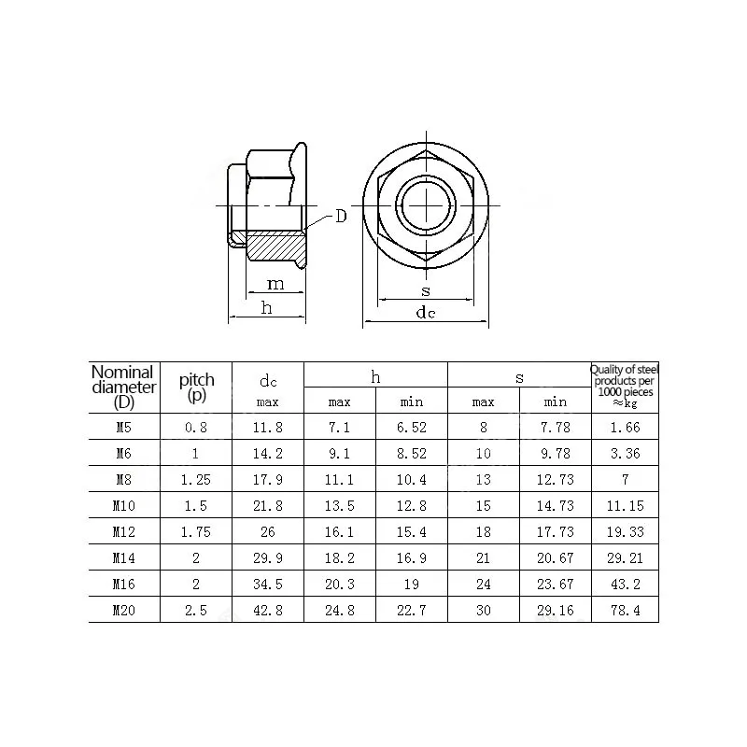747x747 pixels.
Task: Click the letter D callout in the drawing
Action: (341, 217)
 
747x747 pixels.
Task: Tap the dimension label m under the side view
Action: (275, 283)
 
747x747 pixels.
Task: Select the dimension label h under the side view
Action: (267, 307)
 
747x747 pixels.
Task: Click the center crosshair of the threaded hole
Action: (425, 204)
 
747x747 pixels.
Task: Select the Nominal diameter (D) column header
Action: (123, 387)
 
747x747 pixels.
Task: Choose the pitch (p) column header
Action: (196, 387)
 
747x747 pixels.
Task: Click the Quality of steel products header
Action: (625, 387)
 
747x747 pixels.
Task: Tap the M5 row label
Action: (123, 428)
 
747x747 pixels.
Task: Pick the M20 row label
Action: (123, 611)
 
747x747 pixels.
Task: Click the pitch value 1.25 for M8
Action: (196, 480)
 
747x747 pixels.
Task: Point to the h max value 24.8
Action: (339, 611)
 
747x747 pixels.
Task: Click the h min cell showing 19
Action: (412, 585)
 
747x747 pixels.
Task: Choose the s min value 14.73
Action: (556, 506)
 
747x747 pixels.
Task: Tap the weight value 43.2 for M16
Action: (625, 585)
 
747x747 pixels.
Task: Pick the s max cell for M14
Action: (483, 558)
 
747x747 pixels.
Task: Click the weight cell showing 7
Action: (625, 480)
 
